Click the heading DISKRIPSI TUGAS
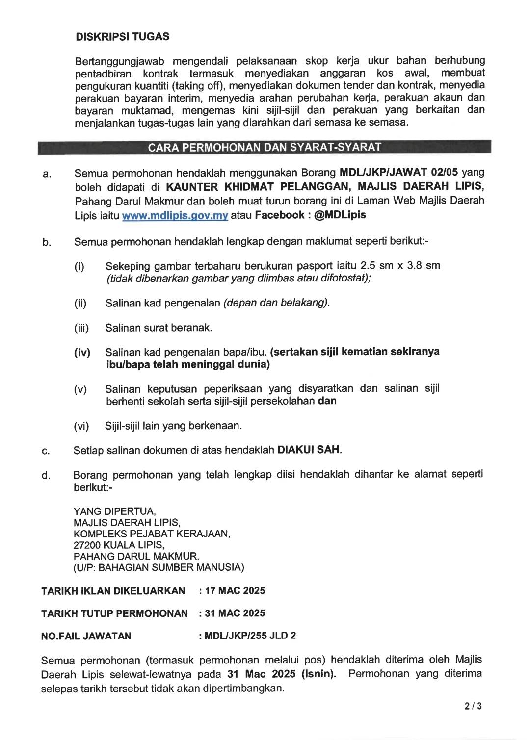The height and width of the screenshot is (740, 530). coord(122,37)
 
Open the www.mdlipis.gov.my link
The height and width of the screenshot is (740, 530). coord(175,216)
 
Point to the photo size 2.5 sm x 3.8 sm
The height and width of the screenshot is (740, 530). coord(400,266)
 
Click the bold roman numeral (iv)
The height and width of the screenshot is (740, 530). coord(82,353)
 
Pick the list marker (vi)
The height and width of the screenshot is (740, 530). coord(81,426)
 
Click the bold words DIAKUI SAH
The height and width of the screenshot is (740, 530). coord(309,450)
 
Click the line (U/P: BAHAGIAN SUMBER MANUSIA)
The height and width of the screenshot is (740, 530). coord(159,568)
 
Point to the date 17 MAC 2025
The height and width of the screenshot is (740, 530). coord(235,591)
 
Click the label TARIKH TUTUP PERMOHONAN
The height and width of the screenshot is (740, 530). coord(114,613)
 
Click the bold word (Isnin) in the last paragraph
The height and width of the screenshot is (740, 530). coord(319,674)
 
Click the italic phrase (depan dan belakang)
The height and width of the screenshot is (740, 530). coord(276,303)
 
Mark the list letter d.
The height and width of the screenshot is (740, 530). coord(46,475)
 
